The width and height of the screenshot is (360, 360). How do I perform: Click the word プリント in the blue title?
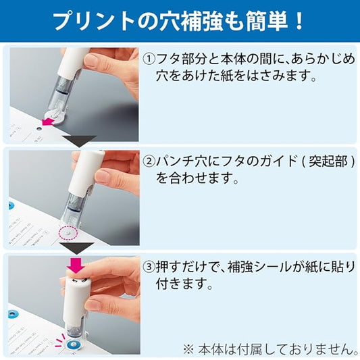coord(94,21)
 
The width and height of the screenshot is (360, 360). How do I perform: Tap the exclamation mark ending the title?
coord(299,21)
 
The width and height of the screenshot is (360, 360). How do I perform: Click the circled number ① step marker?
coord(149,59)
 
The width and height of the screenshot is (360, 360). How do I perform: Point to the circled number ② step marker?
coord(149,161)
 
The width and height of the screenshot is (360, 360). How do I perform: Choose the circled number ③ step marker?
coord(149,267)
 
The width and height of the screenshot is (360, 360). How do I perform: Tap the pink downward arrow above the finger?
coord(76,265)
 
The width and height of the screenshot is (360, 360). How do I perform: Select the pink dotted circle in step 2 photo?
coord(68,233)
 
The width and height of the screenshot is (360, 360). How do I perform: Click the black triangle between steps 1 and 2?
coord(79,140)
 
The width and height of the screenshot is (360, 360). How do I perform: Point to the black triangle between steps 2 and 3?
coord(77,247)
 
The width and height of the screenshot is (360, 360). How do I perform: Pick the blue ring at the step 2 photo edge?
coord(10,205)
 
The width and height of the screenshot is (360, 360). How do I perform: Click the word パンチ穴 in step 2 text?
coord(181,162)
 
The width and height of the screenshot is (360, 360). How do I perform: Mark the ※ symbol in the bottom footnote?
coord(189,349)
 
